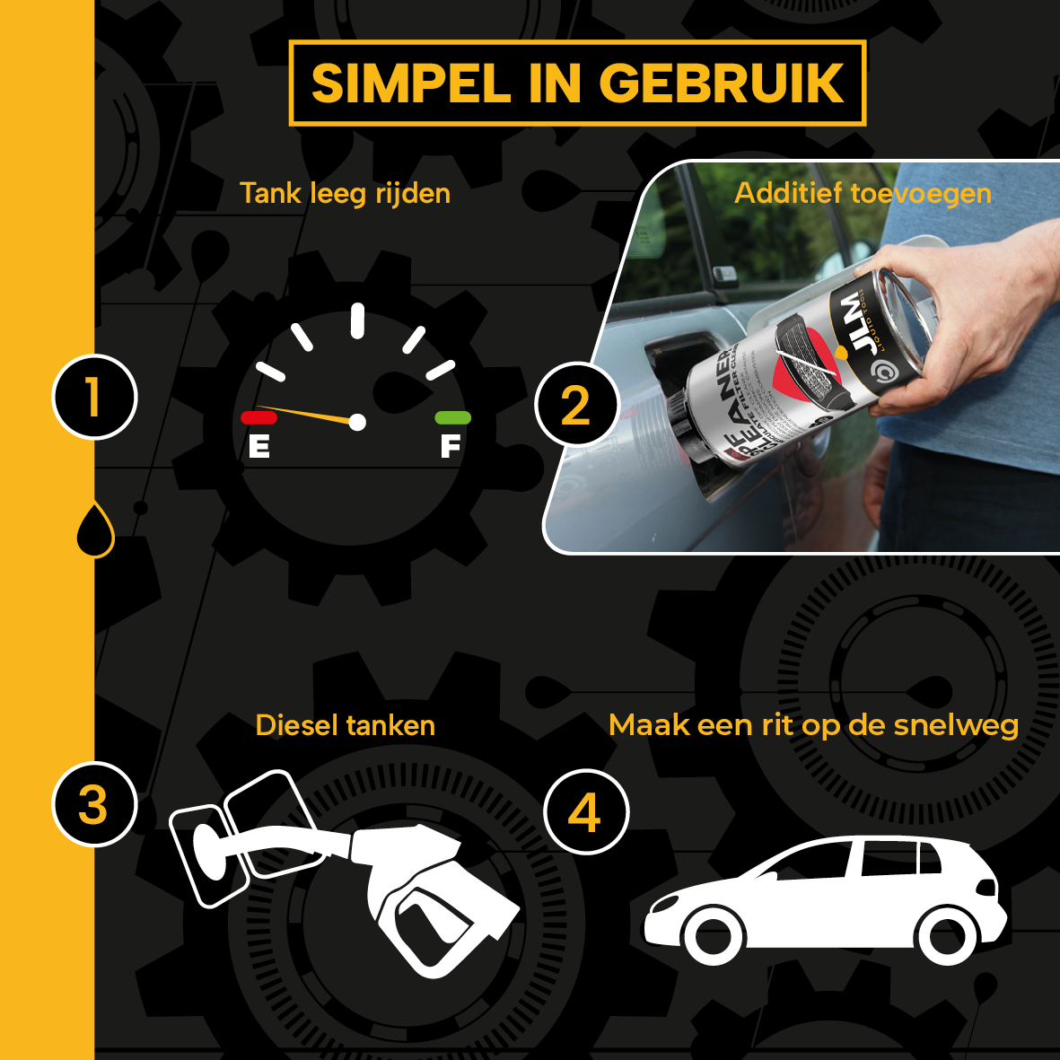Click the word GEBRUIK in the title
[722, 83]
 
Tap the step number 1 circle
[94, 397]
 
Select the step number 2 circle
[576, 405]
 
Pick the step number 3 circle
[94, 804]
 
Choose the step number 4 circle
[585, 812]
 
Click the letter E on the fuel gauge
[259, 445]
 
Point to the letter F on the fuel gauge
[450, 445]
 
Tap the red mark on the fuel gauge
[258, 417]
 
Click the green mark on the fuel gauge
[452, 417]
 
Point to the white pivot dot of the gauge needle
[357, 422]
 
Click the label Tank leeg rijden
[345, 193]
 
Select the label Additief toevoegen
[863, 193]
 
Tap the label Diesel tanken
[345, 725]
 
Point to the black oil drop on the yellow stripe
[95, 530]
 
